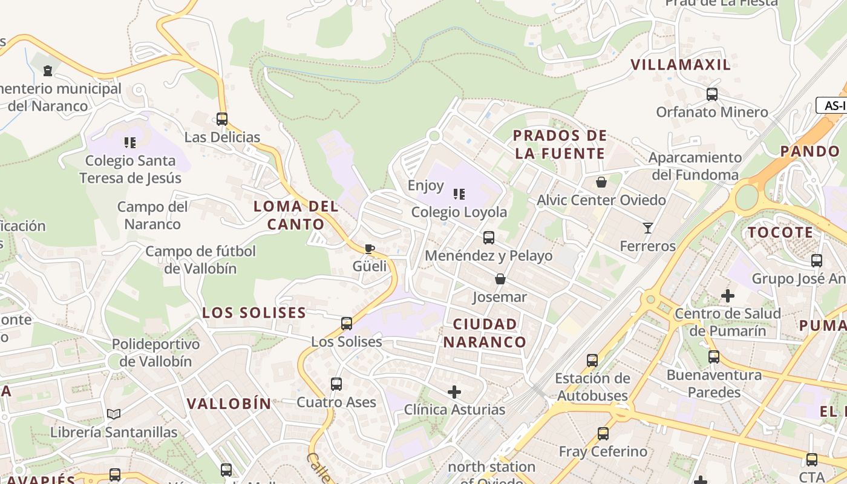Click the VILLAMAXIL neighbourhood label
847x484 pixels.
[681, 65]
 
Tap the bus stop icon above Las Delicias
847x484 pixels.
[222, 119]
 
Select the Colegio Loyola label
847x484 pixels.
[459, 212]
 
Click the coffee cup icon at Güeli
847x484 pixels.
[370, 249]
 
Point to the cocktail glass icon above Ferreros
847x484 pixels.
[648, 228]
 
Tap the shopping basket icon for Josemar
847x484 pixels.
[500, 279]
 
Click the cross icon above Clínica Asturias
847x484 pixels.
[454, 391]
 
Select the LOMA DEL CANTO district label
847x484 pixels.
[296, 215]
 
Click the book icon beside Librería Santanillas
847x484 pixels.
[114, 414]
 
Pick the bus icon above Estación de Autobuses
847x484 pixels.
[592, 361]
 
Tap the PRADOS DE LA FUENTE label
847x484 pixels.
[559, 145]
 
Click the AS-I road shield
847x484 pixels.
[834, 105]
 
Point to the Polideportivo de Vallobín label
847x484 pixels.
[155, 353]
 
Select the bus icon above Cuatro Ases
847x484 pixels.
[336, 384]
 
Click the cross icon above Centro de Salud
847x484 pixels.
[728, 296]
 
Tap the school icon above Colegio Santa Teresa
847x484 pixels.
[130, 143]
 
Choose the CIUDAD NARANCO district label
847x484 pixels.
[485, 333]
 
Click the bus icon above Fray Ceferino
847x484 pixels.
[603, 434]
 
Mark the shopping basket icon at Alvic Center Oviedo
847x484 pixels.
[601, 182]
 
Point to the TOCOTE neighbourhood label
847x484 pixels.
[780, 232]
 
